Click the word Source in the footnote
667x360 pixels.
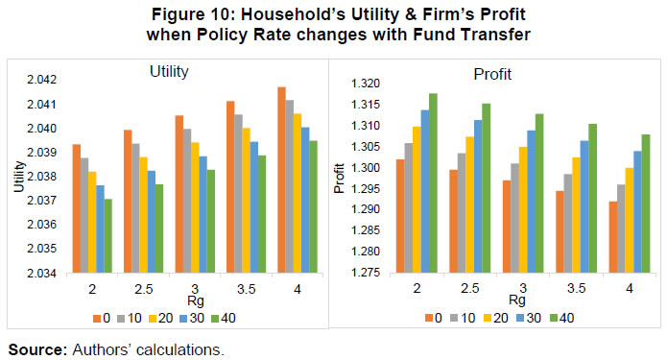tap(35, 349)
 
